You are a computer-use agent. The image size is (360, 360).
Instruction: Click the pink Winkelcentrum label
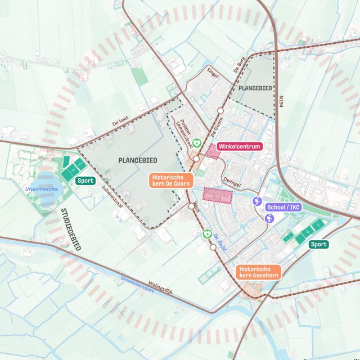[239, 146]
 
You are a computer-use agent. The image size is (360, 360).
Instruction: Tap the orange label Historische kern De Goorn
[172, 180]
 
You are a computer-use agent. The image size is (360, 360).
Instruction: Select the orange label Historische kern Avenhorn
[258, 272]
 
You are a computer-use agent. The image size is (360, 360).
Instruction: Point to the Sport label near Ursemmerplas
[85, 181]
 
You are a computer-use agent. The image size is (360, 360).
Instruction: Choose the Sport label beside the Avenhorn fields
[318, 244]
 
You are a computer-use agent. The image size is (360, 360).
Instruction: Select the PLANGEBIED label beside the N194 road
[255, 89]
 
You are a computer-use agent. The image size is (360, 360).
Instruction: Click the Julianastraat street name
[111, 197]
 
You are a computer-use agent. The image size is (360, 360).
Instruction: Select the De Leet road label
[120, 121]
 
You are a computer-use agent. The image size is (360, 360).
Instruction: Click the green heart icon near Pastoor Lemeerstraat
[196, 143]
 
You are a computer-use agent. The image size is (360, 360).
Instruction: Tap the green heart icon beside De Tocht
[206, 233]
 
